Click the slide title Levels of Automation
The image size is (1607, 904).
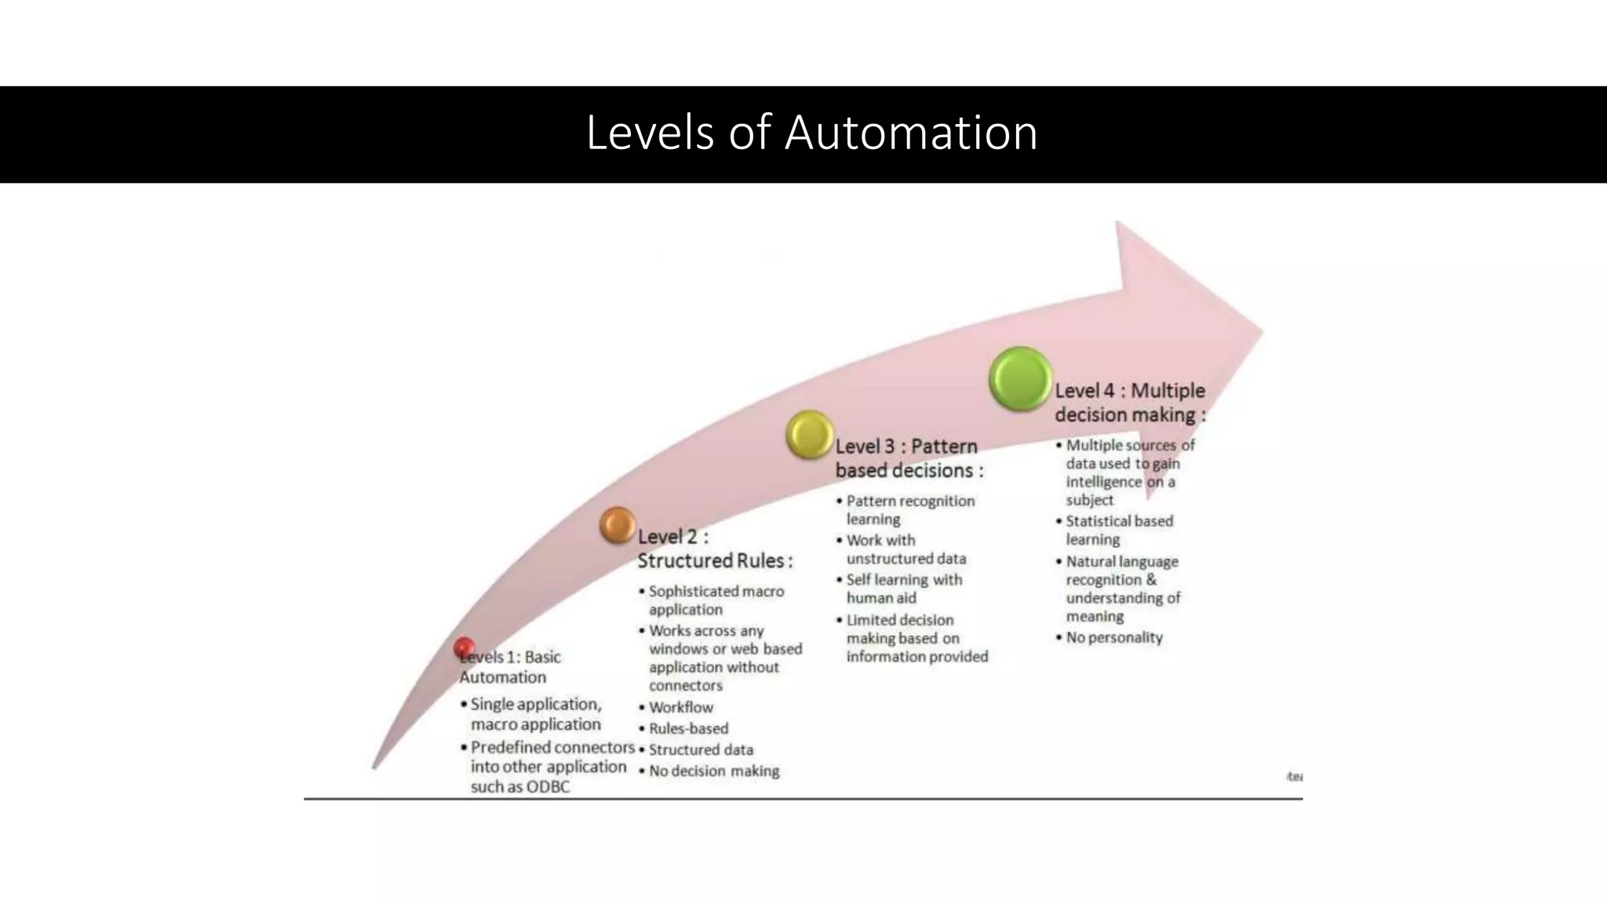point(811,133)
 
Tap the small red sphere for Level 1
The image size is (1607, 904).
point(464,647)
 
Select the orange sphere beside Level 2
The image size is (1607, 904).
point(618,525)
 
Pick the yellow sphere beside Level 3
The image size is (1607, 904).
point(809,434)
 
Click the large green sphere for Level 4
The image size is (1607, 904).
point(1020,379)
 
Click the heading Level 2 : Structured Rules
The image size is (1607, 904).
point(714,549)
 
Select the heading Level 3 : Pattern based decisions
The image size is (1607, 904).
point(909,458)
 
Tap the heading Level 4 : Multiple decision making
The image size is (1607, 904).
point(1129,403)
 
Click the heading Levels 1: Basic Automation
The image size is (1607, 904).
point(510,667)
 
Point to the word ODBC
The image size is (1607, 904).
point(547,787)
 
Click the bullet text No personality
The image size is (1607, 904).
point(1113,637)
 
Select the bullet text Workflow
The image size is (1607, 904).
point(680,707)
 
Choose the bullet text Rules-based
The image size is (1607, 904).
point(688,728)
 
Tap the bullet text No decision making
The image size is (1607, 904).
point(714,771)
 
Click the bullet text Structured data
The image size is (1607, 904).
point(701,749)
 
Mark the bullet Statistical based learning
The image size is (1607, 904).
point(1118,530)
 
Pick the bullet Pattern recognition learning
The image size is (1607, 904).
point(909,510)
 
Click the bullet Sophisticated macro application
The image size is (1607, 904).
point(716,600)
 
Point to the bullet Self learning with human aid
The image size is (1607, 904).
point(903,589)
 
